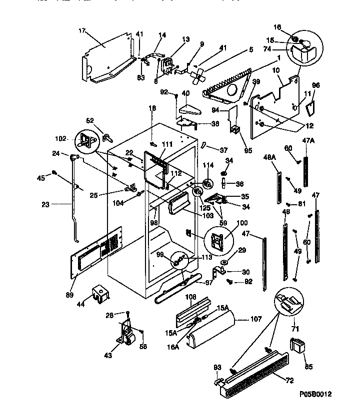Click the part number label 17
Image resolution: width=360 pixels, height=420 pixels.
click(82, 31)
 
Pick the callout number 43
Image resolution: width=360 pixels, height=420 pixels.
click(108, 355)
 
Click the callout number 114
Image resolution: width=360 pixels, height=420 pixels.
click(207, 165)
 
